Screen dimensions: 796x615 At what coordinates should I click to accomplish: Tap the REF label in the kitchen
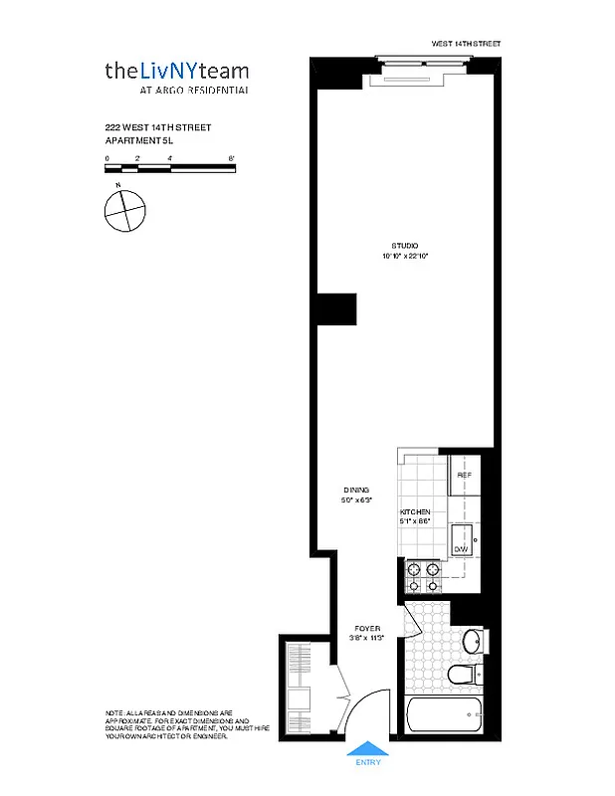pyautogui.click(x=464, y=476)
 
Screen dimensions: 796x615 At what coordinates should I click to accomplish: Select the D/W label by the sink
pyautogui.click(x=461, y=549)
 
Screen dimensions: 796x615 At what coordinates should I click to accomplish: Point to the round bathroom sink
pyautogui.click(x=476, y=639)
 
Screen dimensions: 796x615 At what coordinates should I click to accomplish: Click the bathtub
pyautogui.click(x=445, y=715)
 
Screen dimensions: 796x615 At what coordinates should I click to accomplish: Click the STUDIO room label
pyautogui.click(x=404, y=246)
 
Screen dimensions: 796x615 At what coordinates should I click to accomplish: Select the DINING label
pyautogui.click(x=356, y=491)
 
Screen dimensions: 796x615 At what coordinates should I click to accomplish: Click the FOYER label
pyautogui.click(x=368, y=629)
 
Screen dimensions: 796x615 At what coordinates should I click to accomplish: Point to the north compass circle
pyautogui.click(x=125, y=210)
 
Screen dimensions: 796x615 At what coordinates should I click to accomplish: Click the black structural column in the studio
pyautogui.click(x=335, y=309)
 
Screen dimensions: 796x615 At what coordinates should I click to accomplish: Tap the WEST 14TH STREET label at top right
pyautogui.click(x=465, y=44)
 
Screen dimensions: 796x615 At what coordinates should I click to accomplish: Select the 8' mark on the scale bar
pyautogui.click(x=231, y=159)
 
